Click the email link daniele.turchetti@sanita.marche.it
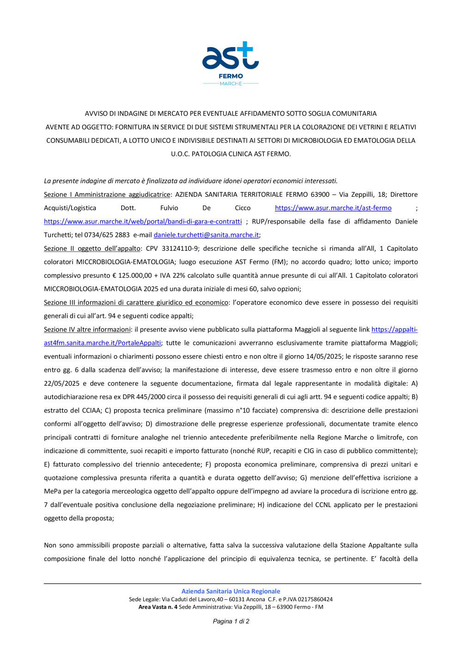[206, 235]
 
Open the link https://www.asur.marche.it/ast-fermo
[333, 208]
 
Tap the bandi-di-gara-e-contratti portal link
[143, 222]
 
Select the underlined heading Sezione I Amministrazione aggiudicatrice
[107, 194]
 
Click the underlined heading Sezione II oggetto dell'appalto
[92, 248]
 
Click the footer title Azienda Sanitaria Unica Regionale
[231, 591]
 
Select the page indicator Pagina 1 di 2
[231, 621]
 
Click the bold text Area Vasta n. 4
[158, 607]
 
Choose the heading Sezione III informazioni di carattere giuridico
[136, 302]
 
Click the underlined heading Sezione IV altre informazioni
[87, 329]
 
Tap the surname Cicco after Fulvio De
[243, 208]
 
